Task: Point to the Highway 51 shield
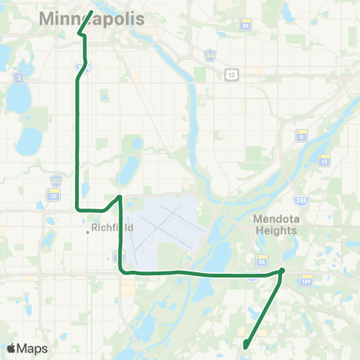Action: pos(246,25)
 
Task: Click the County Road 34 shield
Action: pos(211,55)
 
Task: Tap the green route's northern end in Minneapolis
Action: pos(91,12)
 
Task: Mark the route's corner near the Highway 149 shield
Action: pos(283,270)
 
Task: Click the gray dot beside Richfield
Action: pos(87,232)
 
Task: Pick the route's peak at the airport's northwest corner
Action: pos(118,196)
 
